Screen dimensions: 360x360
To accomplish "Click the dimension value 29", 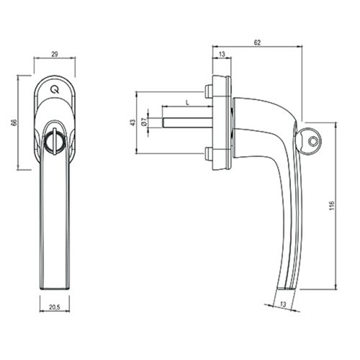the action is point(55,54).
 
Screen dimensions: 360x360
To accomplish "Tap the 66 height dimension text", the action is point(14,122).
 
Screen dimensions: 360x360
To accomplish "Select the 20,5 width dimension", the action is point(55,307).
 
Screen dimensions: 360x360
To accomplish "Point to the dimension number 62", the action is point(257,42).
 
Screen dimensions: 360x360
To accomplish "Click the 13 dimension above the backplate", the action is point(222,54).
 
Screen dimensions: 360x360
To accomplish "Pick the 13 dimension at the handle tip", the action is point(283,305).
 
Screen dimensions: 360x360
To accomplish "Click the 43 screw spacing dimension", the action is point(132,122).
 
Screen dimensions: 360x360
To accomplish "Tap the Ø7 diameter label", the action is point(144,122).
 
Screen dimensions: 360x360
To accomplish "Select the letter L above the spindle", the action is point(188,103).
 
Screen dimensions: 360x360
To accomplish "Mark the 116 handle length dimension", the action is point(332,206).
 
